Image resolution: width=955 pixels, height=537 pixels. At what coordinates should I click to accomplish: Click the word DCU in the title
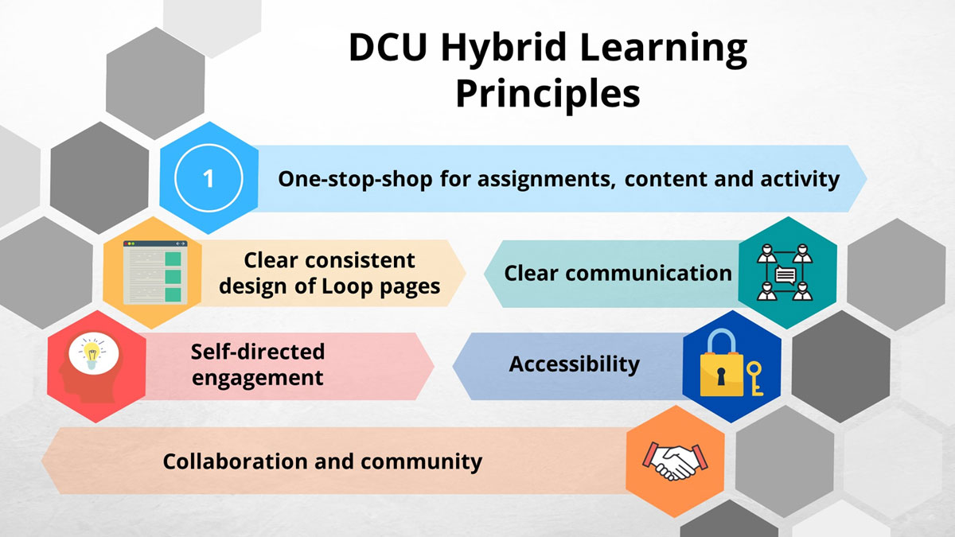(388, 47)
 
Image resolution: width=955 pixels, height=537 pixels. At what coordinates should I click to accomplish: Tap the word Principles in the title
(548, 94)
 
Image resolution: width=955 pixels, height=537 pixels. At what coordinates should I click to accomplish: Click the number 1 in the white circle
(208, 178)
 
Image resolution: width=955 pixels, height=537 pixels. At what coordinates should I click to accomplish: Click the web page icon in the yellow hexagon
(155, 273)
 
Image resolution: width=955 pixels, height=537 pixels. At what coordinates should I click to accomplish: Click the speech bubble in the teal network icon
(785, 275)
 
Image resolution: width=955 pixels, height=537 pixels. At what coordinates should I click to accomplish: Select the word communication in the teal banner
(649, 273)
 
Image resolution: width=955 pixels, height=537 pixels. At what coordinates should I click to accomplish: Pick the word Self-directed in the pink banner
(258, 352)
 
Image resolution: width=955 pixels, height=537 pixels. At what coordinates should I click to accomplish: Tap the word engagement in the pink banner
(258, 379)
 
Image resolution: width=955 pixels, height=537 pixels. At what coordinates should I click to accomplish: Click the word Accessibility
(575, 364)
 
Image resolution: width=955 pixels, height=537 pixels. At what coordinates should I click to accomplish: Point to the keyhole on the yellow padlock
(721, 376)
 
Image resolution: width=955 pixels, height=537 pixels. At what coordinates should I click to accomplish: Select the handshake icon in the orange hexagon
(675, 461)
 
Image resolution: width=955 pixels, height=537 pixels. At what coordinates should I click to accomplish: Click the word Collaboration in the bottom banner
(235, 461)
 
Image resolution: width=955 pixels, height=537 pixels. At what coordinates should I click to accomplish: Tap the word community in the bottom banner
(421, 462)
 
